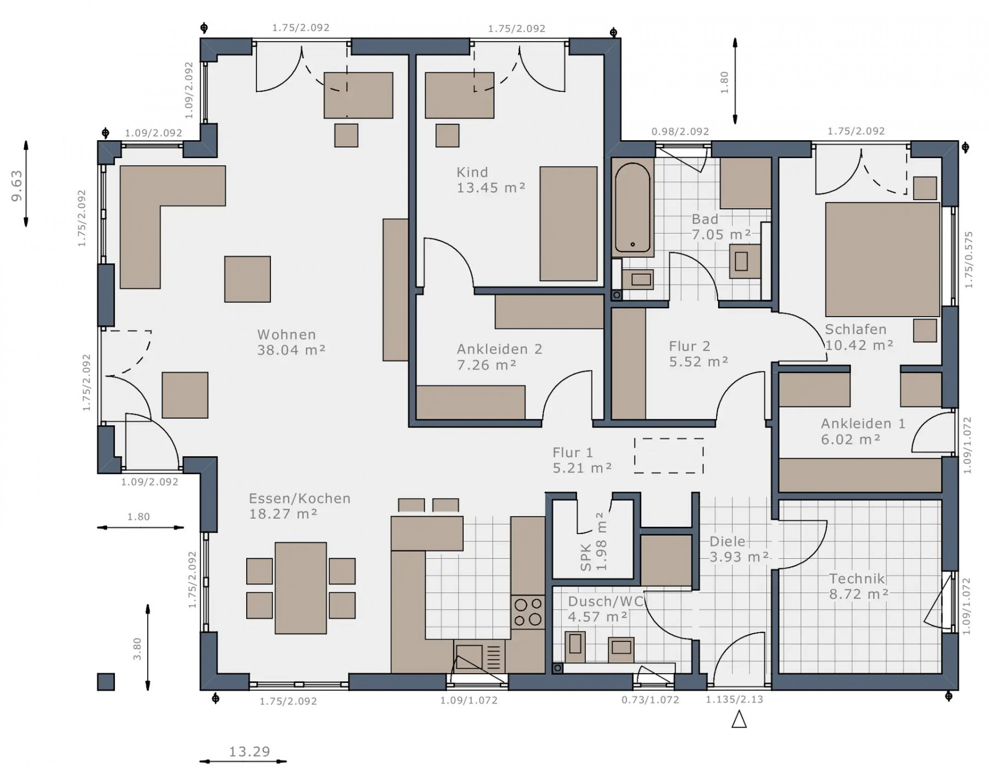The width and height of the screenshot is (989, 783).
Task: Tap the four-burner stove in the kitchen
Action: click(x=528, y=612)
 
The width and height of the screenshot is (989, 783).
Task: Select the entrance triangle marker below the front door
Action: click(x=739, y=719)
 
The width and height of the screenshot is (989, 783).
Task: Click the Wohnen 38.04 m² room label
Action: click(x=291, y=342)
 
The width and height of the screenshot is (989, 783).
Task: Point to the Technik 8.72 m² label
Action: click(x=859, y=586)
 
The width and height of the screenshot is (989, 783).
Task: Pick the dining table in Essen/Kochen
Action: click(x=301, y=588)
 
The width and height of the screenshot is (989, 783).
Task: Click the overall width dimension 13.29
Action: click(x=249, y=752)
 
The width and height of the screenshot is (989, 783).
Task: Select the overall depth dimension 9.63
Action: click(x=16, y=185)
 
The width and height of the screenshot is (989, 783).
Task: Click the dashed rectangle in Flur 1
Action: click(x=669, y=456)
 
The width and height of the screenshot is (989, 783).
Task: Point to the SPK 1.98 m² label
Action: click(x=593, y=542)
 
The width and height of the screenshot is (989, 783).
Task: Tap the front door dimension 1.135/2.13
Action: click(x=735, y=699)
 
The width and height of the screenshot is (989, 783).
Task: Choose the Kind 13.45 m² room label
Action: click(x=491, y=180)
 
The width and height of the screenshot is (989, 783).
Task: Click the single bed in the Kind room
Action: click(x=568, y=224)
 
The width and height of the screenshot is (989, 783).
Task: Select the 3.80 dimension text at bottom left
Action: click(x=137, y=649)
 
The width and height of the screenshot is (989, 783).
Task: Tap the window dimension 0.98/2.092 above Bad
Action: click(x=680, y=132)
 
